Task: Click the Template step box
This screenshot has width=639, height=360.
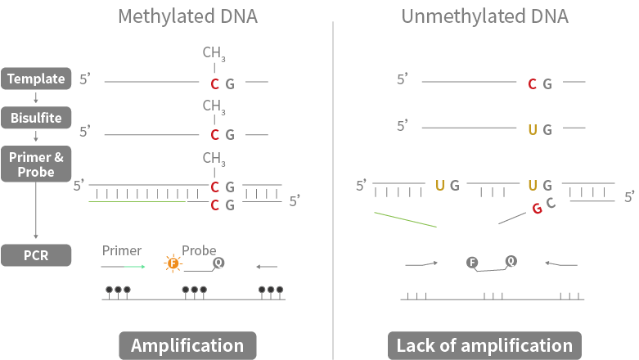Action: [36, 79]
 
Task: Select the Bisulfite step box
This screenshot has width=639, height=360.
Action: [36, 118]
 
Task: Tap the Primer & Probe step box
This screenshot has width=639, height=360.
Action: [36, 164]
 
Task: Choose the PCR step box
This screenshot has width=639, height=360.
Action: [36, 255]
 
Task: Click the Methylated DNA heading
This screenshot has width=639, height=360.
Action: [187, 16]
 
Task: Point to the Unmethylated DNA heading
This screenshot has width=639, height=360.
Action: [484, 16]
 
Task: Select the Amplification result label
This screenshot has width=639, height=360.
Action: [187, 345]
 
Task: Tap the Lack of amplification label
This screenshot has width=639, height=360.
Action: [484, 345]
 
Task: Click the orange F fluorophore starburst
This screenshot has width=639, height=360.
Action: [173, 263]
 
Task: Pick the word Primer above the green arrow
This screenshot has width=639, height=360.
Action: [122, 250]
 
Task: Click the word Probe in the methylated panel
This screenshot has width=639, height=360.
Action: [199, 250]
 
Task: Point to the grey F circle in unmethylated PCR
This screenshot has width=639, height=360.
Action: [472, 262]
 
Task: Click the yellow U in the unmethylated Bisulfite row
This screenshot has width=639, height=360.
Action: [532, 129]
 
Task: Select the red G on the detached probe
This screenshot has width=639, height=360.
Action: [537, 208]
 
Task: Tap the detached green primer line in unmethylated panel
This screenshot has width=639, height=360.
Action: [405, 219]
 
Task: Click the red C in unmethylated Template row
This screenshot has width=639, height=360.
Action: [532, 83]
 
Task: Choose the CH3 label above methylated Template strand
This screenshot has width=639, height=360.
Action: [214, 54]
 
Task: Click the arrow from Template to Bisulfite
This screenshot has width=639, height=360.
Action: [36, 98]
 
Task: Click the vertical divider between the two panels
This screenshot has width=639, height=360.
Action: [333, 188]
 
